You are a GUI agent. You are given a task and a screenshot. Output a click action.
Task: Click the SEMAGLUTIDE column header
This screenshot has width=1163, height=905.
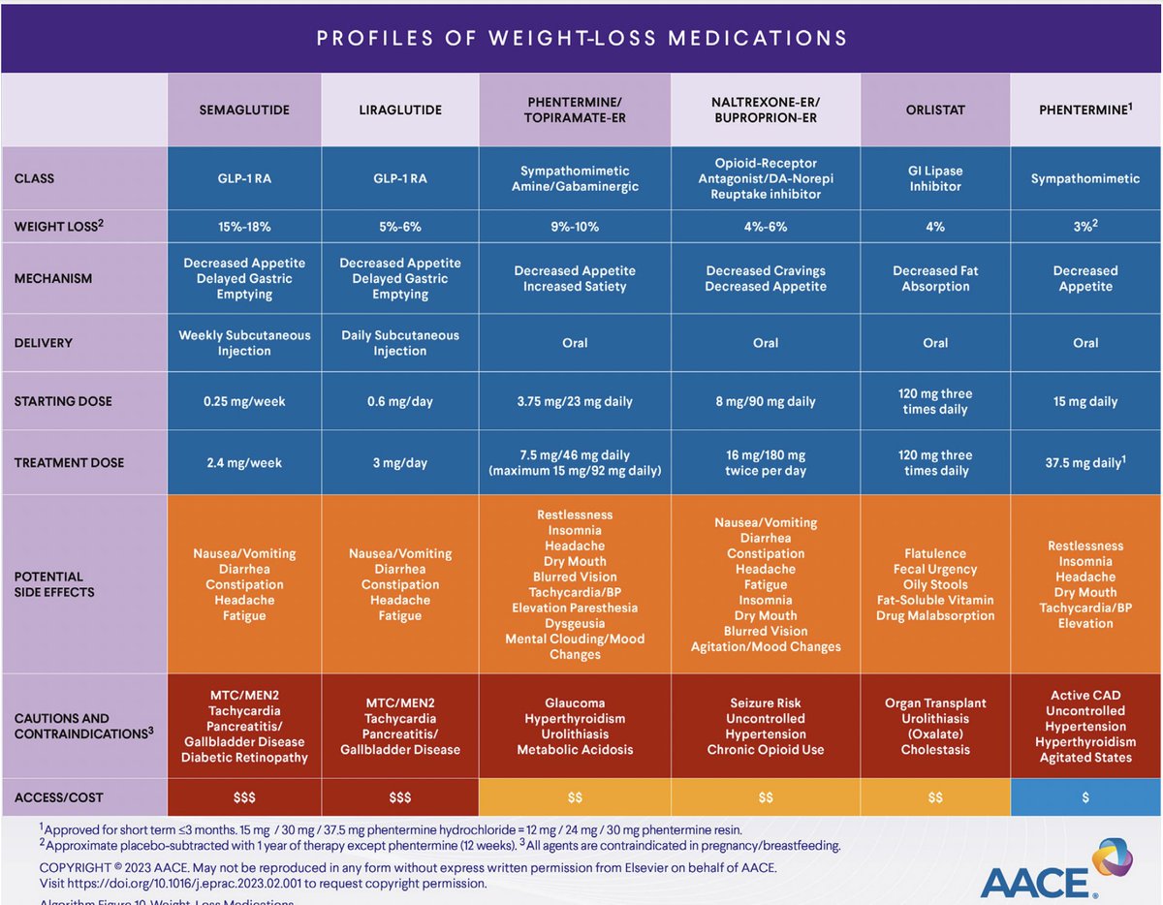click(244, 109)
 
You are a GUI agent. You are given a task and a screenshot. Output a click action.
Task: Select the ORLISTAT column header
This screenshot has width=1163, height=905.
click(935, 109)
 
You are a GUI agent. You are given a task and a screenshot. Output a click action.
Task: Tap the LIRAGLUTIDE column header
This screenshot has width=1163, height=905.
click(400, 109)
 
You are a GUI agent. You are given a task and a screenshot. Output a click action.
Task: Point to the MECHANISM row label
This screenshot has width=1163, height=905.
click(53, 279)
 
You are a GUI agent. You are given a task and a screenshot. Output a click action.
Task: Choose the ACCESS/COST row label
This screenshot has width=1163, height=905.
click(59, 797)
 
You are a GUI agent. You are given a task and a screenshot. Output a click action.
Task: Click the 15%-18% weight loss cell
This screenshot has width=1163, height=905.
click(244, 227)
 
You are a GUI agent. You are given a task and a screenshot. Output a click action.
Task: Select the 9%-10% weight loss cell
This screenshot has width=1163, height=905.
click(575, 227)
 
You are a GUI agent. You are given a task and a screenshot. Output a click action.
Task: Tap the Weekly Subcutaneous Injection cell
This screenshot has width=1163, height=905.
click(244, 343)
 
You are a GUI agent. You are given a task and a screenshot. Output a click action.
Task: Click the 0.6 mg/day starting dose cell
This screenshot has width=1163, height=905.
click(400, 401)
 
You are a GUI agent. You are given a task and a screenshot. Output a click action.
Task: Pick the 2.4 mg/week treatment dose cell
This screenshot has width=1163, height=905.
click(244, 463)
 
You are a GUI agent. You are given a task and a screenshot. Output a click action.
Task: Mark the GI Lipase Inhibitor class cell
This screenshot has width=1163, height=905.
click(935, 178)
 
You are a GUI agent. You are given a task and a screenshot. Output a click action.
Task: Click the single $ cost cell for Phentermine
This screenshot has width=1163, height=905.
click(1085, 797)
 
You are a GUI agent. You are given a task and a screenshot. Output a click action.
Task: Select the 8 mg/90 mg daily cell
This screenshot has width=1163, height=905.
click(766, 401)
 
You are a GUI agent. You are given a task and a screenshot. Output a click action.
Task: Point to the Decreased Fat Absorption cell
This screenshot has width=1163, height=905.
click(935, 279)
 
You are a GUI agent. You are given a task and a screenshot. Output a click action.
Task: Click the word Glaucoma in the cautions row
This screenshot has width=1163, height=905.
click(575, 703)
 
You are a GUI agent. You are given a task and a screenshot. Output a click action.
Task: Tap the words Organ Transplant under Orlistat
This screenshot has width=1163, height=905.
click(935, 703)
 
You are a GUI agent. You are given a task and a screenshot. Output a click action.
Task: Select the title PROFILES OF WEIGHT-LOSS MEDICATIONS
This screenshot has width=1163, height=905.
click(581, 39)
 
